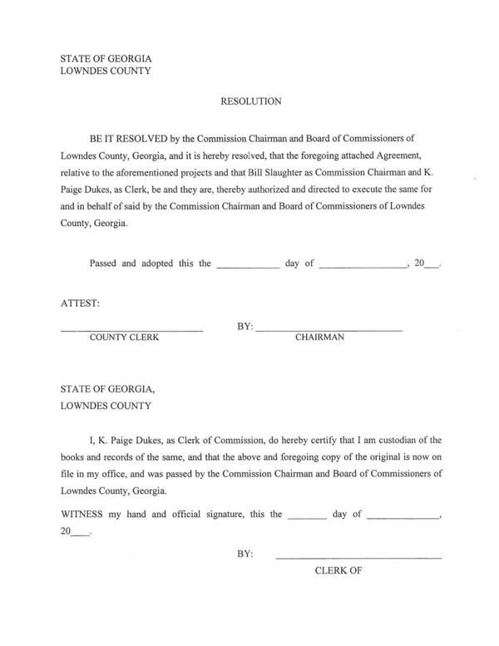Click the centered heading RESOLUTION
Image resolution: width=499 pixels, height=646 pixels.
coord(251,101)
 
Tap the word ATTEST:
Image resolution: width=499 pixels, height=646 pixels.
coord(80,303)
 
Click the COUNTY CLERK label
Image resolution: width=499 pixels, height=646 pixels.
coord(124,338)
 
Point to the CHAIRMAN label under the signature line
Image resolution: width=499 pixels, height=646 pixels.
coord(320,338)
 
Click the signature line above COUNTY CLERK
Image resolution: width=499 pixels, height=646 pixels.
coord(131,331)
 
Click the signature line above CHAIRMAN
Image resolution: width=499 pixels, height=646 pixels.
coord(329,331)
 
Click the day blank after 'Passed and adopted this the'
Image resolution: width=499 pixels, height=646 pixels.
coord(248,266)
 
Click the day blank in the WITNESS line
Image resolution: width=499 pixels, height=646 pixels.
coord(307,516)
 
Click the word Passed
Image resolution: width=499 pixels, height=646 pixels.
coord(104,264)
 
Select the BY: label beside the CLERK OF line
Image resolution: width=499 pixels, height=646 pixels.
coord(245,552)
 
